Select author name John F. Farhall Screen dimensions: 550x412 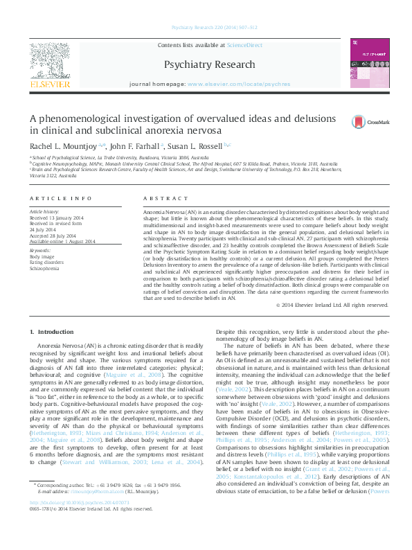coord(134,146)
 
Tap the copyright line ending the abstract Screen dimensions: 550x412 coord(330,305)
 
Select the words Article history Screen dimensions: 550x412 coord(44,212)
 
